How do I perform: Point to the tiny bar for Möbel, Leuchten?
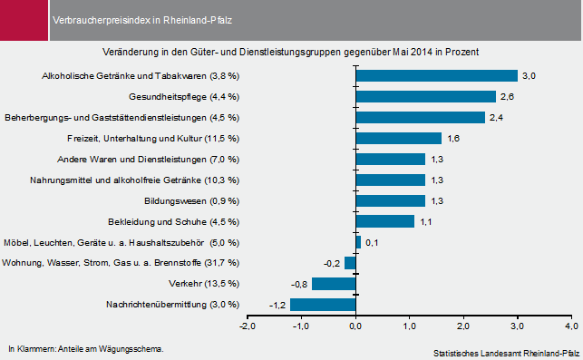point(358,242)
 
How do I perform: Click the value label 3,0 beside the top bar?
point(529,76)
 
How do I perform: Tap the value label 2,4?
point(496,118)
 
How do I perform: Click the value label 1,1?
point(425,221)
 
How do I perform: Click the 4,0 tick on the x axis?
point(570,326)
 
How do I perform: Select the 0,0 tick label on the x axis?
point(355,326)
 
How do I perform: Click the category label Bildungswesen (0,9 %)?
point(191,200)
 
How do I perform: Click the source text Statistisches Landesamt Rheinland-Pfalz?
point(506,352)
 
